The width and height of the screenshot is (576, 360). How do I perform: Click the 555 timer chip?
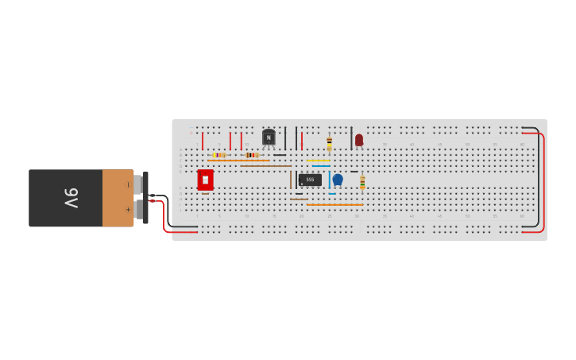[x=310, y=180]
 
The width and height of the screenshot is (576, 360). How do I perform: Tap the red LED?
[x=359, y=140]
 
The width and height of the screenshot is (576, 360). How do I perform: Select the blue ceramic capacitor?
[x=338, y=180]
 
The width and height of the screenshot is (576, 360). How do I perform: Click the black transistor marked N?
[x=269, y=137]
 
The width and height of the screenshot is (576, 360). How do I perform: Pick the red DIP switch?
[x=205, y=180]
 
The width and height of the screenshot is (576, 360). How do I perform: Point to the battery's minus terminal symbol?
[x=128, y=185]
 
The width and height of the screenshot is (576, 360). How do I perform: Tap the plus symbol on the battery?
[x=128, y=210]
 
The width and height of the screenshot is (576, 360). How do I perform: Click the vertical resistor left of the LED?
[x=329, y=143]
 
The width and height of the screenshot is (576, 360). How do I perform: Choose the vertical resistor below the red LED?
[x=362, y=182]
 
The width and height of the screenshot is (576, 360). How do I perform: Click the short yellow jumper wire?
[x=318, y=161]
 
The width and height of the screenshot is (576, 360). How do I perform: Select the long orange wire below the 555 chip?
[x=334, y=205]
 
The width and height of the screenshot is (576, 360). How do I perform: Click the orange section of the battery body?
[x=118, y=198]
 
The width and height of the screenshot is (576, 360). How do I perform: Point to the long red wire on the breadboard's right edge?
[x=543, y=182]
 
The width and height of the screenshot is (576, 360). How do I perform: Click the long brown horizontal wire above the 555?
[x=266, y=166]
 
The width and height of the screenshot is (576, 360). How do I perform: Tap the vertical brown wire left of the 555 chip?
[x=291, y=180]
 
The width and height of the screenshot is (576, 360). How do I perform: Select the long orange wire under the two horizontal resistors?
[x=238, y=161]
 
